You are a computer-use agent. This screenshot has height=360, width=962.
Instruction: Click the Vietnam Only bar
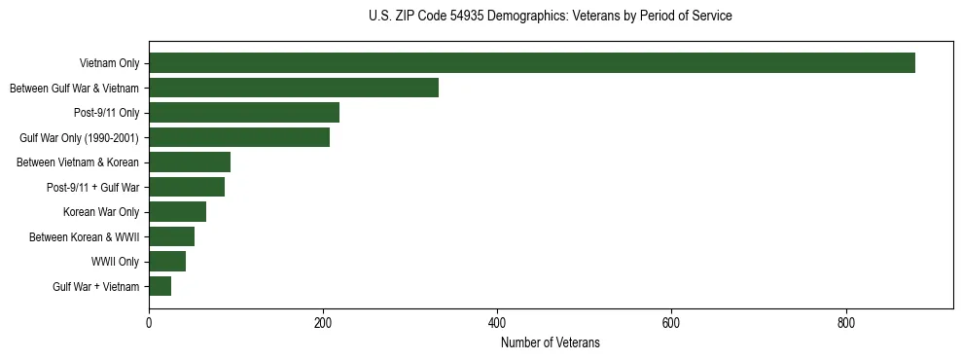(531, 63)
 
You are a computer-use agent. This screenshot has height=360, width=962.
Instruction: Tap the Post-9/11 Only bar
(244, 113)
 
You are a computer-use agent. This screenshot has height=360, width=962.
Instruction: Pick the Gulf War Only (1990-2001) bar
(239, 137)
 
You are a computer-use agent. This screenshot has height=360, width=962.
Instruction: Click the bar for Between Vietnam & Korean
(190, 162)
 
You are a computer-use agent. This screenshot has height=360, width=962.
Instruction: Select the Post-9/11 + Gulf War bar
(187, 187)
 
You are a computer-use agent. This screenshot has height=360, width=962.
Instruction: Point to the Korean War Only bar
(177, 212)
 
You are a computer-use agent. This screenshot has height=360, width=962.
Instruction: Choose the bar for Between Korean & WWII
(171, 236)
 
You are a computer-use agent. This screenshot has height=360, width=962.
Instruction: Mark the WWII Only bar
(167, 262)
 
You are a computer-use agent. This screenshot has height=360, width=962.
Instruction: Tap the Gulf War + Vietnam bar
(160, 286)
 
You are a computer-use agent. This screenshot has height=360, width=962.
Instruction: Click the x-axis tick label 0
(149, 323)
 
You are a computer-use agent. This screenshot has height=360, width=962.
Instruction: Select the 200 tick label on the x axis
(323, 323)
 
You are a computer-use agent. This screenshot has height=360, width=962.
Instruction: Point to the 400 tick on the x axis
(497, 323)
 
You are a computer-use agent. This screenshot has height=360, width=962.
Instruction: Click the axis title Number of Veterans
(550, 342)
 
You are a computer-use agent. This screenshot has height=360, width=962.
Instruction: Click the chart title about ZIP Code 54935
(550, 17)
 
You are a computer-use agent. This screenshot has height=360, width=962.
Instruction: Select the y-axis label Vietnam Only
(109, 64)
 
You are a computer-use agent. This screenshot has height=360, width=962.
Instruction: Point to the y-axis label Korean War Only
(101, 212)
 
